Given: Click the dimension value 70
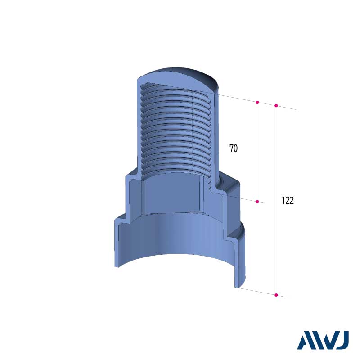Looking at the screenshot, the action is coord(234,148).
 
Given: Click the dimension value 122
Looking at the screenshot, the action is coord(288,201).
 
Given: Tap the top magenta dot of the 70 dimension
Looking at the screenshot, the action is coord(257,102).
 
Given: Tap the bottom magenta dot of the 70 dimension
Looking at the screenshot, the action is coord(257,202).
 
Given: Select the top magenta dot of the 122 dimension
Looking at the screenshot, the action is coord(276,106).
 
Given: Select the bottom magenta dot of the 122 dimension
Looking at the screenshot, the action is coord(276,295).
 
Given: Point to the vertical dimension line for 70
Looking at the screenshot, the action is coord(257,152).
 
